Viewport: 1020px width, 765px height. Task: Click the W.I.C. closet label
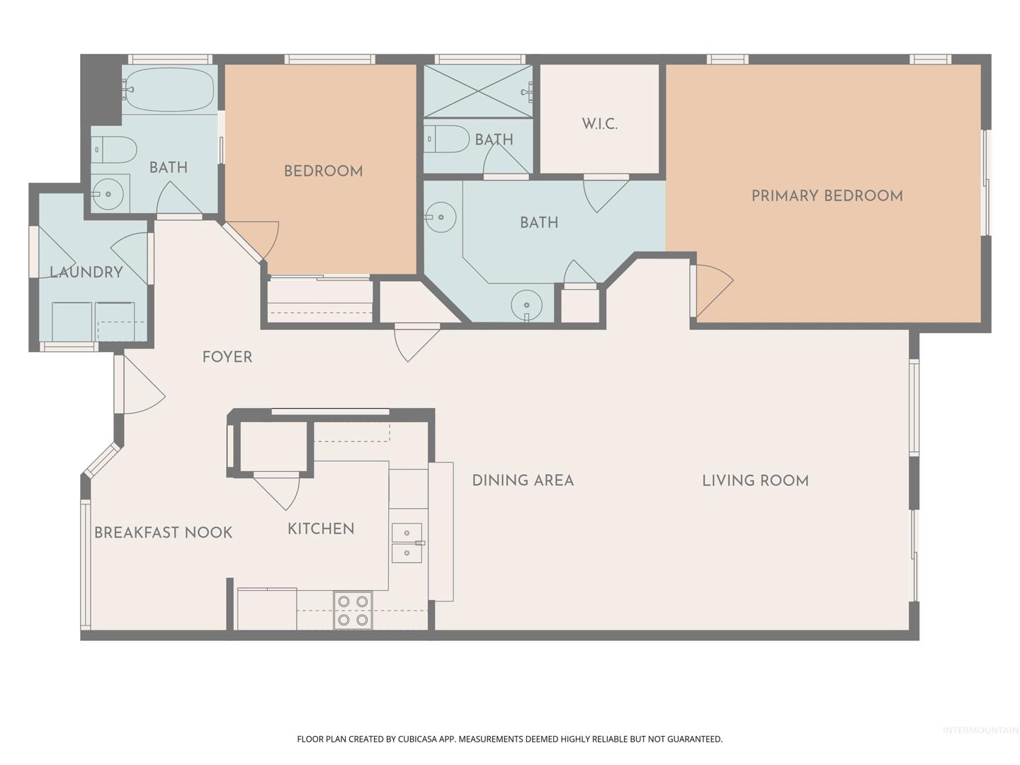tap(599, 124)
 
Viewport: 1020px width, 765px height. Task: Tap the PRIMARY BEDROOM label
tap(827, 195)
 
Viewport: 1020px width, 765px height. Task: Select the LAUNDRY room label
tap(86, 272)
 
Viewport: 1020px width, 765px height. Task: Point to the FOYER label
tap(227, 357)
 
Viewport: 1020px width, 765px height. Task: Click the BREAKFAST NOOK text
tap(163, 532)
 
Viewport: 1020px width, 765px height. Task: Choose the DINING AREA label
tap(523, 480)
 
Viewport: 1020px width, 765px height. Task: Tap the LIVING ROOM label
tap(755, 480)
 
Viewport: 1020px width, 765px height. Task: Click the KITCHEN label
tap(321, 528)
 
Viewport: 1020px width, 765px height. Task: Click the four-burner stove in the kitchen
tap(353, 611)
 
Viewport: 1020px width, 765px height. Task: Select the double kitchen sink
tap(407, 543)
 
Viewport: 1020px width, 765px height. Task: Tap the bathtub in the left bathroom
tap(169, 89)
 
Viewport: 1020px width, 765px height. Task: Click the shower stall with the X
tap(478, 91)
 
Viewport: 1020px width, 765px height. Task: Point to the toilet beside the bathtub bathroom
tap(114, 149)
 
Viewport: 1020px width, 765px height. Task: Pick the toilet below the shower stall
tap(447, 139)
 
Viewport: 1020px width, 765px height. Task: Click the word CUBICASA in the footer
tap(417, 739)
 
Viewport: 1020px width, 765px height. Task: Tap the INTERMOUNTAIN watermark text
tap(980, 730)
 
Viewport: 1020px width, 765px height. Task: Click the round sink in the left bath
tap(108, 194)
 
